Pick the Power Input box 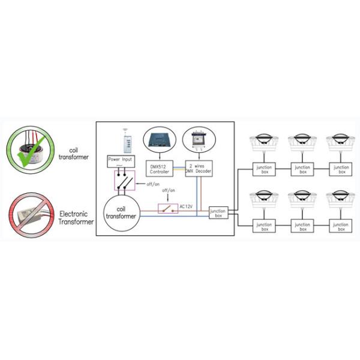[121, 160]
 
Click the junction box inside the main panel [218, 212]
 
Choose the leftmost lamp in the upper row [263, 143]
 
